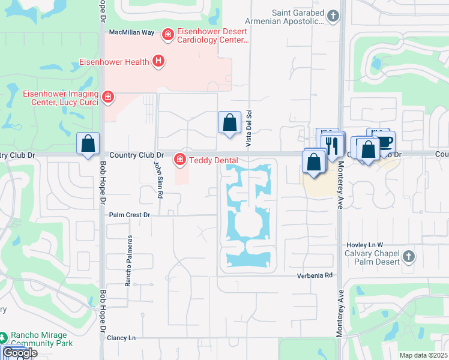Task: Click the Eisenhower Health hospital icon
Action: tap(158, 61)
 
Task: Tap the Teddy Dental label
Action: tap(213, 160)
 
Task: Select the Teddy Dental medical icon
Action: tap(179, 159)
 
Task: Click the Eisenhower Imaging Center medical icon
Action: tap(108, 97)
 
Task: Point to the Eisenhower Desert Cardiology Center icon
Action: tap(169, 35)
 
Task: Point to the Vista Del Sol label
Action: tap(247, 130)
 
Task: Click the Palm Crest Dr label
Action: tap(129, 214)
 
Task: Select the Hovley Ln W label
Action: tap(364, 245)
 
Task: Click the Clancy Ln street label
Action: tap(121, 338)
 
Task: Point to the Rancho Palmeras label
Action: tap(128, 260)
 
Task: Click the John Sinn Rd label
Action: tap(159, 179)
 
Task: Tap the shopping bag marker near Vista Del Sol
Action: tap(229, 123)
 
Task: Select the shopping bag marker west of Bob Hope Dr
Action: tap(88, 144)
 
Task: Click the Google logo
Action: tap(19, 353)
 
